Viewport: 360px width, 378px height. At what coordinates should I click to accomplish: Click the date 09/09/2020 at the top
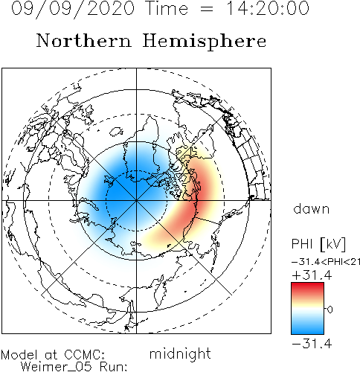click(73, 9)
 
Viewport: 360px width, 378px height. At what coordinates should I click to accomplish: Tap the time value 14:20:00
click(268, 8)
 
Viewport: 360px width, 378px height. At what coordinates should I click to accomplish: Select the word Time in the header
click(167, 8)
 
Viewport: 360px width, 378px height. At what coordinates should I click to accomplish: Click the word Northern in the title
click(84, 41)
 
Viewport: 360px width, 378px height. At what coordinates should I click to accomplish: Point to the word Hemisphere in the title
click(205, 42)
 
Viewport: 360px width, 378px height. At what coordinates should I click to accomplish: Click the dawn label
click(312, 208)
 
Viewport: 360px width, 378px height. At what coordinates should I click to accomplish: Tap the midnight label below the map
click(180, 353)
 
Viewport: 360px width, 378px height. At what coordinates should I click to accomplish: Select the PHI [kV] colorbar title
click(318, 244)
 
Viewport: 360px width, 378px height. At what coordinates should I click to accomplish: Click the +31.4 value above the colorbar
click(312, 275)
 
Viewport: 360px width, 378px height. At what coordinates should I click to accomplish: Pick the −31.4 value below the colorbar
click(312, 344)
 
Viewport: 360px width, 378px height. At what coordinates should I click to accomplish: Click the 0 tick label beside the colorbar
click(330, 310)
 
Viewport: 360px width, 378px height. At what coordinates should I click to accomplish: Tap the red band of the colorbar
click(307, 289)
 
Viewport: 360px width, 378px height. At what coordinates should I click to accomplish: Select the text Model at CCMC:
click(53, 355)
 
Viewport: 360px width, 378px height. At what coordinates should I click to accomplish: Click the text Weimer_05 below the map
click(57, 367)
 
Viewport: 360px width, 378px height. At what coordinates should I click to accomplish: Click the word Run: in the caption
click(114, 366)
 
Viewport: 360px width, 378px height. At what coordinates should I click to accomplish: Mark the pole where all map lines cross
click(136, 200)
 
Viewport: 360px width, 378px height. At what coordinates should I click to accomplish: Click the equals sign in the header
click(206, 10)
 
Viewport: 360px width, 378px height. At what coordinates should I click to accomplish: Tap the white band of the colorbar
click(307, 310)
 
